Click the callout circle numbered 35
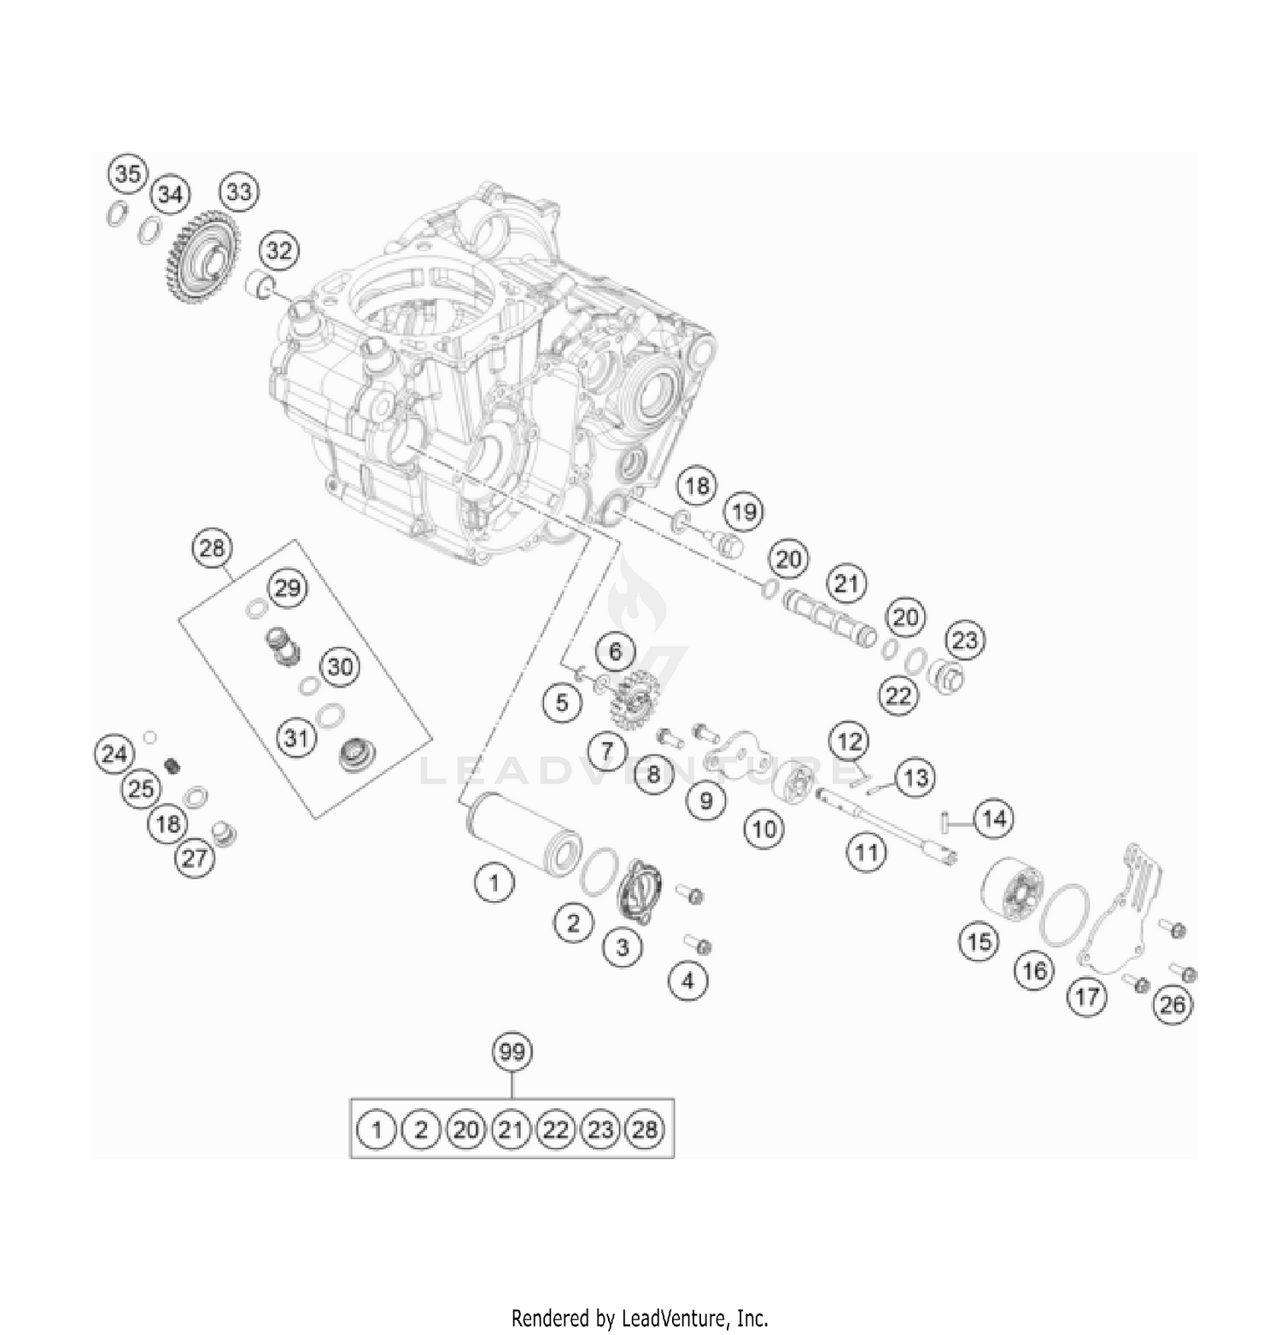tap(127, 174)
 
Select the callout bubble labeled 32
tap(278, 251)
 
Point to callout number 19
tap(744, 512)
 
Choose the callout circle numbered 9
tap(705, 801)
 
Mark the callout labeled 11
tap(866, 852)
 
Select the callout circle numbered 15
tap(979, 941)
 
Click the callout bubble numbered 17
tap(1087, 996)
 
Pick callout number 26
tap(1173, 1004)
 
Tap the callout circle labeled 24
tap(114, 754)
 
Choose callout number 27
tap(195, 857)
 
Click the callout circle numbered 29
tap(288, 588)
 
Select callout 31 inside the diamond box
tap(295, 737)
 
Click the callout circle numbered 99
tap(512, 1052)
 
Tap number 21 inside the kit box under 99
tap(510, 1130)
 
